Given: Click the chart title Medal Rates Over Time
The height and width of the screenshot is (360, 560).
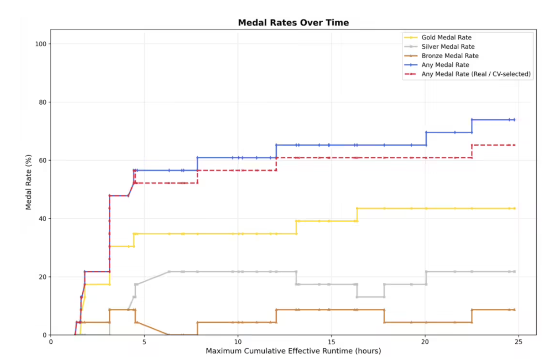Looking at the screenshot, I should (293, 23).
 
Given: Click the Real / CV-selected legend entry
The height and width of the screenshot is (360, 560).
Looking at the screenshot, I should (476, 74).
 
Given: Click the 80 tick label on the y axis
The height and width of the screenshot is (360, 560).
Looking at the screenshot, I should (44, 102).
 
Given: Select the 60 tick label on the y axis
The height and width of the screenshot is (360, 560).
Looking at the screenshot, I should (44, 160).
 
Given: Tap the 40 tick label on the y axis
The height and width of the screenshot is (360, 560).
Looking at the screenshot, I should (44, 219).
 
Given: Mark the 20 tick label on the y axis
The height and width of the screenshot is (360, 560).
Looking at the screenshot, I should (44, 277).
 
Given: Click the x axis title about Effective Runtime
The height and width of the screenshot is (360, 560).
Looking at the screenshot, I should (293, 351).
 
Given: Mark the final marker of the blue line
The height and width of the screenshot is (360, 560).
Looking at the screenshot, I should (514, 120).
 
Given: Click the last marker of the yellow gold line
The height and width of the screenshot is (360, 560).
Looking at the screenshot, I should (514, 208).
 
